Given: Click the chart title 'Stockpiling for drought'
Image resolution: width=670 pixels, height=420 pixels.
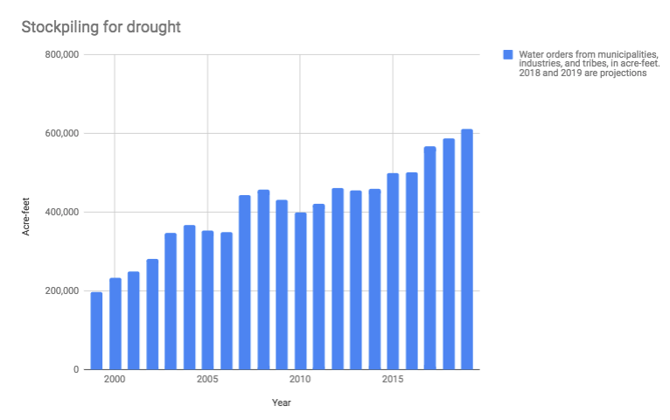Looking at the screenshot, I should click(x=101, y=27).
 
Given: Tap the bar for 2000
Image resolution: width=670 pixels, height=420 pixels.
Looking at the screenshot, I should click(x=115, y=324).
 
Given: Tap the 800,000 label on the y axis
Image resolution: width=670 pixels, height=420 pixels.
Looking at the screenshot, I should click(x=62, y=55).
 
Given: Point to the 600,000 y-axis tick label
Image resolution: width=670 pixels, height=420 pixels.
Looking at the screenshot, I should click(x=62, y=134).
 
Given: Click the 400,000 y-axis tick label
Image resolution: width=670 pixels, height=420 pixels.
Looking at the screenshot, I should click(x=62, y=213).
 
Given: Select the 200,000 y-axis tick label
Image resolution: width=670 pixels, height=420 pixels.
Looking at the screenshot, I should click(x=62, y=291).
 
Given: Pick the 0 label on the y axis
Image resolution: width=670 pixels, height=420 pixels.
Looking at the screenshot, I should click(x=77, y=370).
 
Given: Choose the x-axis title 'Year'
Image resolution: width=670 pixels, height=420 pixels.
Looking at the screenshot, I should click(x=281, y=403).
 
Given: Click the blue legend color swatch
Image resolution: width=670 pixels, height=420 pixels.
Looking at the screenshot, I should click(x=506, y=54).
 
